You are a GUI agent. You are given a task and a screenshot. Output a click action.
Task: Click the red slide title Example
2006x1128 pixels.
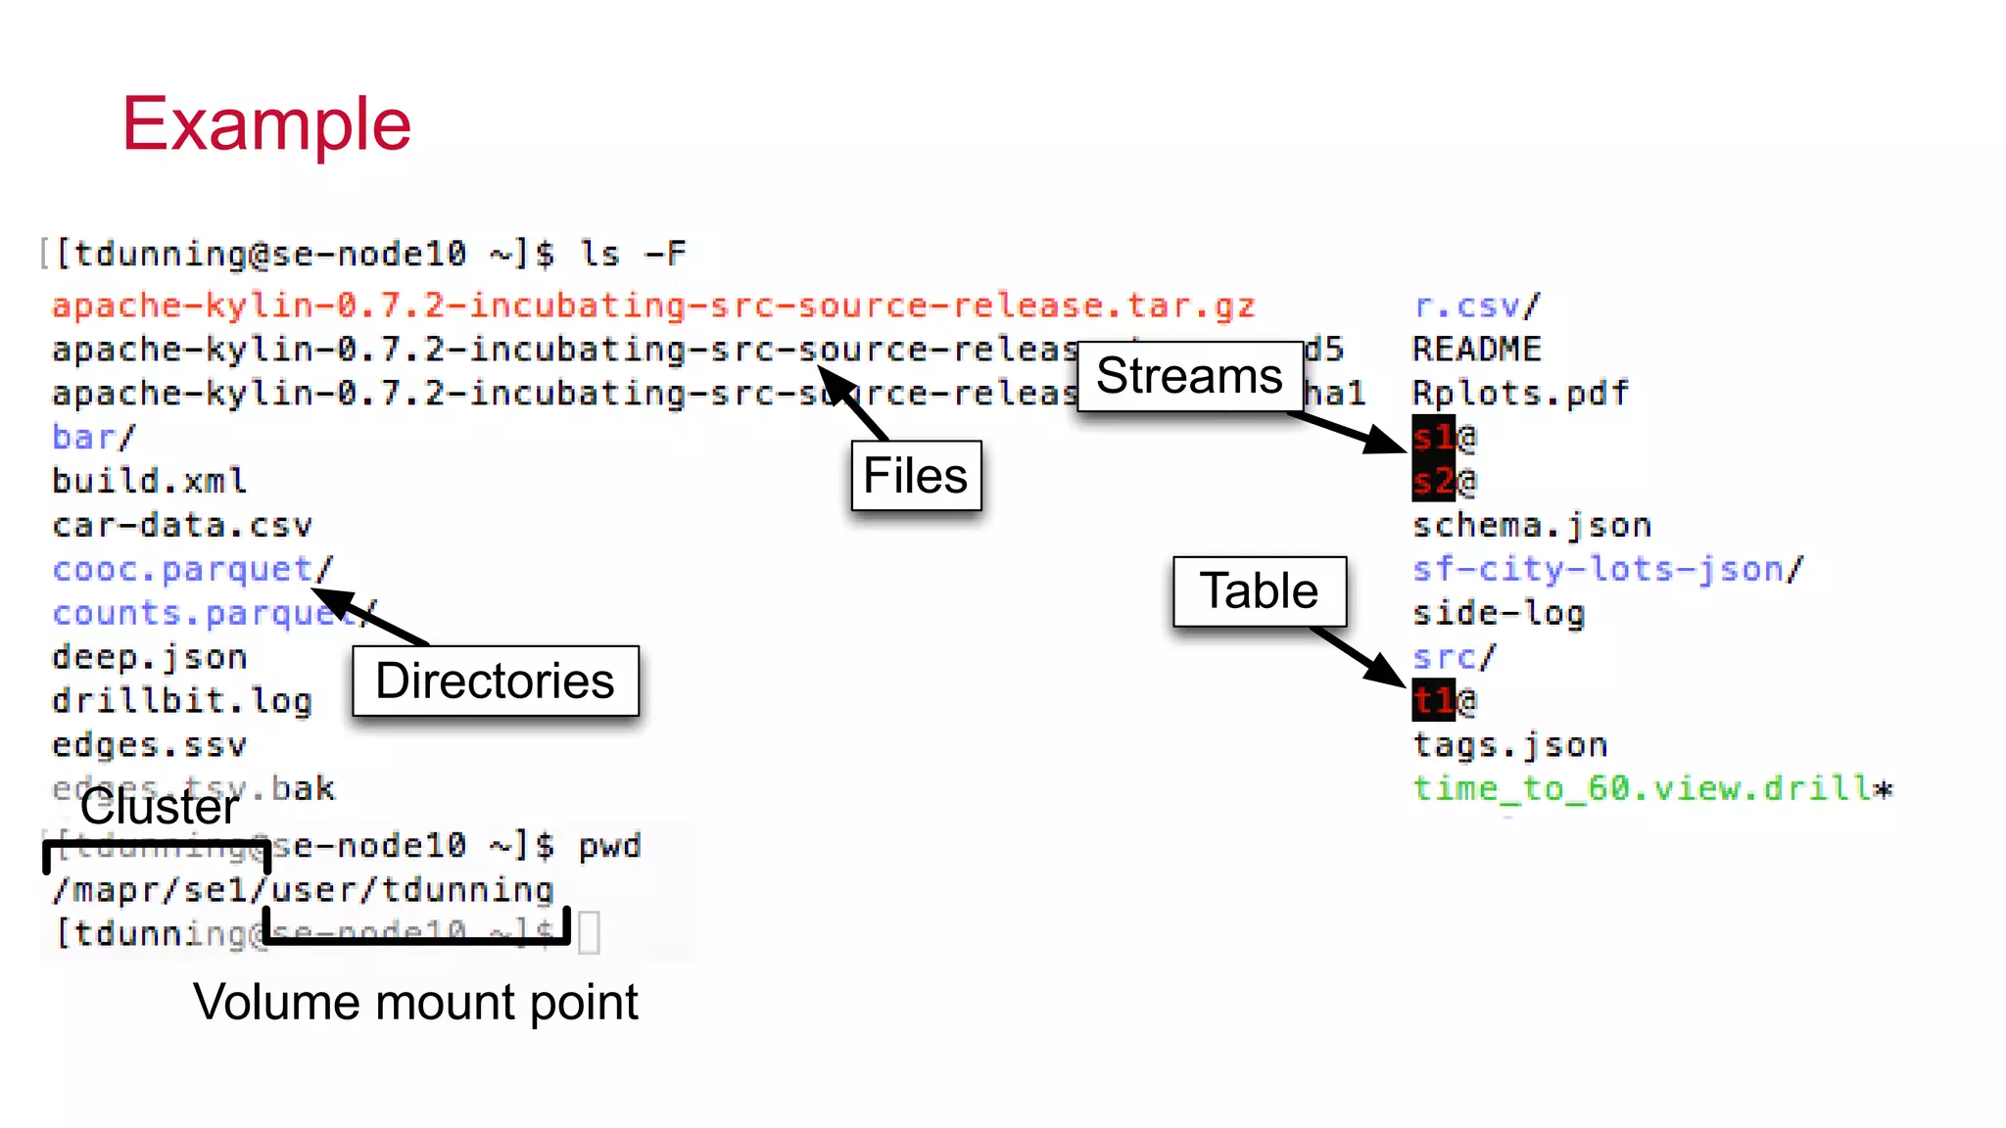pyautogui.click(x=265, y=124)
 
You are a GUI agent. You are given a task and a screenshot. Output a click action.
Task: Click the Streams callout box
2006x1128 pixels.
pyautogui.click(x=1189, y=376)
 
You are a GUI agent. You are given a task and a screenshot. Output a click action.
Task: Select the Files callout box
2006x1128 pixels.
pyautogui.click(x=916, y=476)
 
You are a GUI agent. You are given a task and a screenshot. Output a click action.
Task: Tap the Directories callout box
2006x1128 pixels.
pyautogui.click(x=495, y=681)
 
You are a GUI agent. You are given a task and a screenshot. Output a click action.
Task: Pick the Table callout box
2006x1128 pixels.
pyautogui.click(x=1259, y=591)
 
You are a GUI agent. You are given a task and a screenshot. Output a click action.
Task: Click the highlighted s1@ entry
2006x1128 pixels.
pyautogui.click(x=1443, y=437)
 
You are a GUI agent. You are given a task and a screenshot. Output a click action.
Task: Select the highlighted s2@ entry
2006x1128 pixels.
pyautogui.click(x=1443, y=481)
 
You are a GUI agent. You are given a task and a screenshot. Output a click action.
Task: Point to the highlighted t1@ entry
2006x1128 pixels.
pyautogui.click(x=1443, y=700)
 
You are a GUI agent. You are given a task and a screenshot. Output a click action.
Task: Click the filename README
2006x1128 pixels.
pyautogui.click(x=1476, y=350)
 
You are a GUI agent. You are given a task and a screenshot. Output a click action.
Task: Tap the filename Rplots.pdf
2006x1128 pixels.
pyautogui.click(x=1519, y=394)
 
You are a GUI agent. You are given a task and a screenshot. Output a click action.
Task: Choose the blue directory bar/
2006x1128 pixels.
pyautogui.click(x=93, y=437)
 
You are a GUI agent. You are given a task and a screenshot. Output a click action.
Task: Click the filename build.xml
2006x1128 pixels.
pyautogui.click(x=149, y=481)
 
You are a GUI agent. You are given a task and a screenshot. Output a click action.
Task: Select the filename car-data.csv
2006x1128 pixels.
pyautogui.click(x=182, y=525)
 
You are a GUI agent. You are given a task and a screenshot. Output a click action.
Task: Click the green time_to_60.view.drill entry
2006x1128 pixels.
pyautogui.click(x=1651, y=788)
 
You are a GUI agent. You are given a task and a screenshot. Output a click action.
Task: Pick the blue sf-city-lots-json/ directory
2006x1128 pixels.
pyautogui.click(x=1606, y=569)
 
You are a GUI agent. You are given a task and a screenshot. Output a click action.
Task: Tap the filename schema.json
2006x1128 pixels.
pyautogui.click(x=1531, y=525)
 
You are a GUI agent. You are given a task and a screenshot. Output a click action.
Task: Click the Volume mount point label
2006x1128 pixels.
pyautogui.click(x=415, y=1003)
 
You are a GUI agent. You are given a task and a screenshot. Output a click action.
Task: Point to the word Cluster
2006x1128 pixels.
pyautogui.click(x=159, y=807)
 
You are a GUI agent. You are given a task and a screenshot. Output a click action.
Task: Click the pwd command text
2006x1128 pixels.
pyautogui.click(x=609, y=846)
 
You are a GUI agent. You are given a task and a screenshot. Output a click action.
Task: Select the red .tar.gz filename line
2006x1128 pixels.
pyautogui.click(x=653, y=305)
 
